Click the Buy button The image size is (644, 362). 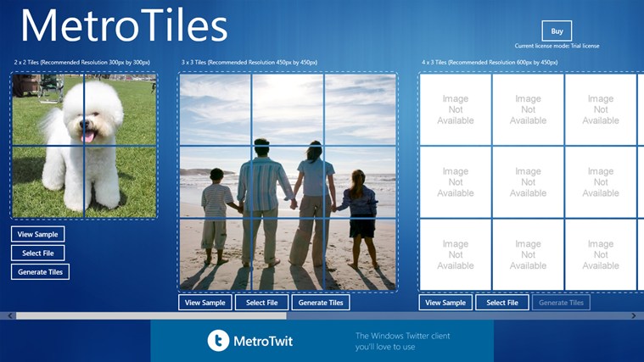557,31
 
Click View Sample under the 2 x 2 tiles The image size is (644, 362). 38,234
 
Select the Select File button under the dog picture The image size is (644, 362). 38,253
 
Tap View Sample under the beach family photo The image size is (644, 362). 205,303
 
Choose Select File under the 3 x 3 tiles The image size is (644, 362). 261,303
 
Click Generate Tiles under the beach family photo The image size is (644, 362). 321,303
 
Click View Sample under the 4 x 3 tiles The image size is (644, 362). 445,303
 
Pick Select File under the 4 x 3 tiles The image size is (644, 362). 502,303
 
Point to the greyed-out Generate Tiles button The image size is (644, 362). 561,303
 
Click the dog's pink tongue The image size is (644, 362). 88,136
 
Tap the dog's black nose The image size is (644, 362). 85,124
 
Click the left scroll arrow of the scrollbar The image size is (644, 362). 10,315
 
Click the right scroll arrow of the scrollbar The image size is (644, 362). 634,315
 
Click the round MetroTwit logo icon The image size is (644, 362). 218,340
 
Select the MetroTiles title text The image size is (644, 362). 124,25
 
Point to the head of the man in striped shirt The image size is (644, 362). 261,148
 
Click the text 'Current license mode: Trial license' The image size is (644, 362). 557,46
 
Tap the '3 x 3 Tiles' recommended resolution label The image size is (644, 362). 249,63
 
